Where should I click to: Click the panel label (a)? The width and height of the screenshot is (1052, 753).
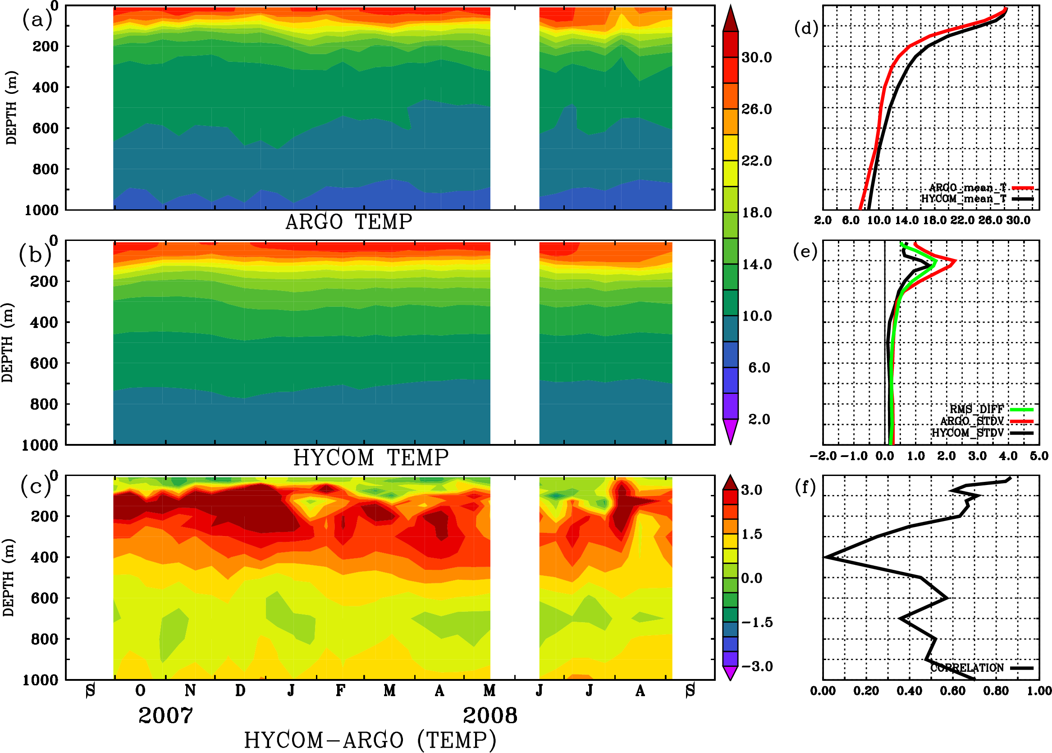tap(37, 20)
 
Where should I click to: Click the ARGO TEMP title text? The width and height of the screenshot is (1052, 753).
tap(348, 222)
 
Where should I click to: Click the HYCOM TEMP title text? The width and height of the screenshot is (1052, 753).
tap(370, 457)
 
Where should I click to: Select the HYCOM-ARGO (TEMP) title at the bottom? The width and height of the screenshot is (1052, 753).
tap(370, 739)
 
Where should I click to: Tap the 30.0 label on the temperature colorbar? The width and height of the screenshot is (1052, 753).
tap(756, 57)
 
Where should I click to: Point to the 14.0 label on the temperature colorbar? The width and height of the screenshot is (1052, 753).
tap(756, 264)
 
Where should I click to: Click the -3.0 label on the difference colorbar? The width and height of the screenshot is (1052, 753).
tap(756, 666)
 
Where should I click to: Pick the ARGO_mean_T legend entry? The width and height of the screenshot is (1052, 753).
tap(968, 188)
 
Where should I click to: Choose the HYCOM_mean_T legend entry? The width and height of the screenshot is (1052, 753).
tap(964, 199)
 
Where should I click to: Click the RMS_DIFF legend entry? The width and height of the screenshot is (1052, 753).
tap(976, 409)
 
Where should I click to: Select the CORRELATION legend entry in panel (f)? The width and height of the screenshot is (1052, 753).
tap(967, 668)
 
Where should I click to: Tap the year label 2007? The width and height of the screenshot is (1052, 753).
tap(165, 716)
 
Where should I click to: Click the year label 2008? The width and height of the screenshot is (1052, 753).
tap(490, 716)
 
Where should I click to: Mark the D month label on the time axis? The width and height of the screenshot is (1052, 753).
tap(240, 690)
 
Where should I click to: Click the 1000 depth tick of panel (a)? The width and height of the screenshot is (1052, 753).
tap(41, 210)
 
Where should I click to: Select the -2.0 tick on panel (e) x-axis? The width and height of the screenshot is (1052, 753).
tap(823, 456)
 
